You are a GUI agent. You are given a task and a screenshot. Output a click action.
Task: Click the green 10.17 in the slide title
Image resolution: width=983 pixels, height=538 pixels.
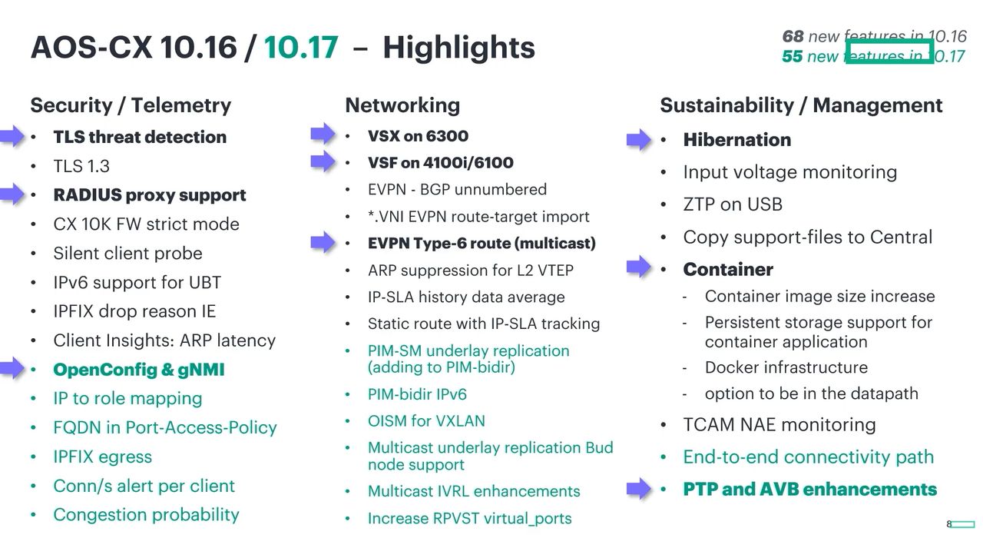point(301,47)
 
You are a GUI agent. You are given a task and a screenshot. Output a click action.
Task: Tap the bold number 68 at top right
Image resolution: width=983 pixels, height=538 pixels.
point(793,36)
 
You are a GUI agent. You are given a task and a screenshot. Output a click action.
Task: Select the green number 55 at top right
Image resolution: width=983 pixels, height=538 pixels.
point(792,56)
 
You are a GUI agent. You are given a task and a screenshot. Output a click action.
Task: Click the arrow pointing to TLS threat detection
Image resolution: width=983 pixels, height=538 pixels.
point(12,136)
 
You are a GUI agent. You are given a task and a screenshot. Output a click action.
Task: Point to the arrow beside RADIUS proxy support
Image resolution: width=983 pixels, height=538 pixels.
point(12,194)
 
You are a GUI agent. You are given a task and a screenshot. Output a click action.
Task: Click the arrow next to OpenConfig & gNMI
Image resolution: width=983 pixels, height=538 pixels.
point(12,367)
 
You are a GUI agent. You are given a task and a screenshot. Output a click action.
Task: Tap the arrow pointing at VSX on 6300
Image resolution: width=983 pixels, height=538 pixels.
point(323,133)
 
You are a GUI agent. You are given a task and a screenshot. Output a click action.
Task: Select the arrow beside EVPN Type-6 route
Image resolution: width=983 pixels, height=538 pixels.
point(323,241)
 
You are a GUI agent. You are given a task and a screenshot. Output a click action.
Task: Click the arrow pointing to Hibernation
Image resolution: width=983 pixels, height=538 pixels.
point(639,140)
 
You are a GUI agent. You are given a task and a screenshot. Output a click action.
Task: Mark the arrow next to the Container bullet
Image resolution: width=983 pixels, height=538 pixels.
point(639,267)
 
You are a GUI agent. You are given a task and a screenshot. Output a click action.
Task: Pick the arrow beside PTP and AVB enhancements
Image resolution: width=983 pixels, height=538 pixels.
point(639,488)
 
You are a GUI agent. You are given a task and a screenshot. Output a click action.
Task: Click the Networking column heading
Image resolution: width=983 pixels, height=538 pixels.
point(402,105)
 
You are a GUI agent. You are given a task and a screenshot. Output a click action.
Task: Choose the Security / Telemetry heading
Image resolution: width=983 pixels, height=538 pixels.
point(131,105)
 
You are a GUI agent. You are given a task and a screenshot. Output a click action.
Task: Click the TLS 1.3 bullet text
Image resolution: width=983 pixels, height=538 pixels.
point(81,166)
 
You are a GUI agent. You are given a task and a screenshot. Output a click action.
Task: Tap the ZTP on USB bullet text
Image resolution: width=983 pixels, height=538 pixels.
point(733,204)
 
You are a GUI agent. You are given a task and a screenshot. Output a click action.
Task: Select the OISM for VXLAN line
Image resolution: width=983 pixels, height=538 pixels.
point(426,420)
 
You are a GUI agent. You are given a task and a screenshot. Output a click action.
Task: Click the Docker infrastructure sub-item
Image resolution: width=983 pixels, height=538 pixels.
point(786,367)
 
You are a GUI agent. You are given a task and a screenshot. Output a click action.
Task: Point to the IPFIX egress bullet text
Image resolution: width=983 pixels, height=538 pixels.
point(103,457)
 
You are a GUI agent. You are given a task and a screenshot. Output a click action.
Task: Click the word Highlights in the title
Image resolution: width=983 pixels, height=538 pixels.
point(458,47)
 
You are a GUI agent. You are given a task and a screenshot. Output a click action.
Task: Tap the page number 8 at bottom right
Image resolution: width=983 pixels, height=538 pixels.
point(948,524)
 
